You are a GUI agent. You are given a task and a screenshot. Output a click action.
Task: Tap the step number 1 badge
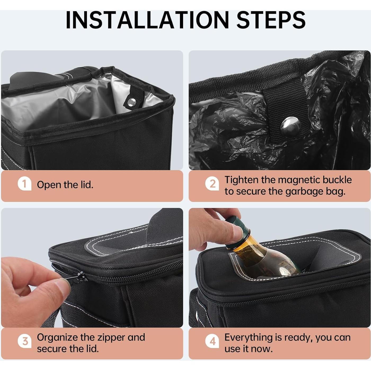pyautogui.click(x=24, y=184)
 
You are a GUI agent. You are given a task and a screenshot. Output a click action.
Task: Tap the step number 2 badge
pyautogui.click(x=213, y=184)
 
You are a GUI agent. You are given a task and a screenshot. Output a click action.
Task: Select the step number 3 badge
pyautogui.click(x=25, y=341)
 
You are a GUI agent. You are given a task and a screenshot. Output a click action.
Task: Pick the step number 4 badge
pyautogui.click(x=213, y=341)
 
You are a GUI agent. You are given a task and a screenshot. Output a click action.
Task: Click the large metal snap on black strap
pyautogui.click(x=291, y=127)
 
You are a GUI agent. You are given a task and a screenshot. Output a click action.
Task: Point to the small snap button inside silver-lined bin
pyautogui.click(x=132, y=101)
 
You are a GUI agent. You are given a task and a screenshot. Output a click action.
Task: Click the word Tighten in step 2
pyautogui.click(x=241, y=180)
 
